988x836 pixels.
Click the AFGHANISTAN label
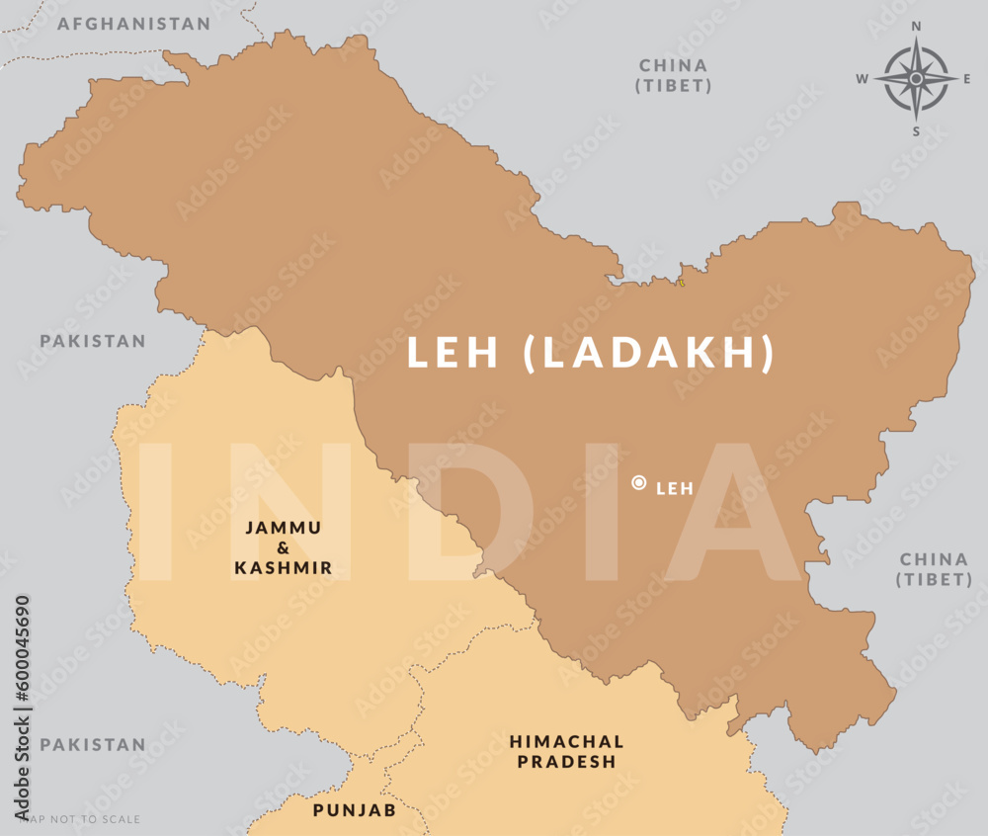[x=133, y=24]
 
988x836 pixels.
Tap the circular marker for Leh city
[x=639, y=483]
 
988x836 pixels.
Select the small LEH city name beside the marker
[x=675, y=488]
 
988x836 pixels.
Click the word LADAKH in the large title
[x=648, y=354]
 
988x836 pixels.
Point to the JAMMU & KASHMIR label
[x=283, y=547]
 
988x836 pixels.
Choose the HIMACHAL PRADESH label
[x=566, y=751]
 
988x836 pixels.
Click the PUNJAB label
[x=355, y=810]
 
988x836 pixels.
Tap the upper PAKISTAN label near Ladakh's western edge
[x=93, y=341]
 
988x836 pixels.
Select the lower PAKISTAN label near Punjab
[x=93, y=744]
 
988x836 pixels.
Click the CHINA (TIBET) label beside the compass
[x=674, y=76]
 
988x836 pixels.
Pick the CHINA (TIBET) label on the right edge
[x=934, y=570]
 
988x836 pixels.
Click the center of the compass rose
[x=916, y=78]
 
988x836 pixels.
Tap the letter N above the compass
[x=916, y=27]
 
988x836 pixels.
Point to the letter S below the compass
[x=916, y=130]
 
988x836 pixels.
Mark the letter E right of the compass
[x=967, y=79]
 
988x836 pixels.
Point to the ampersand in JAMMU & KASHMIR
[x=283, y=547]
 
